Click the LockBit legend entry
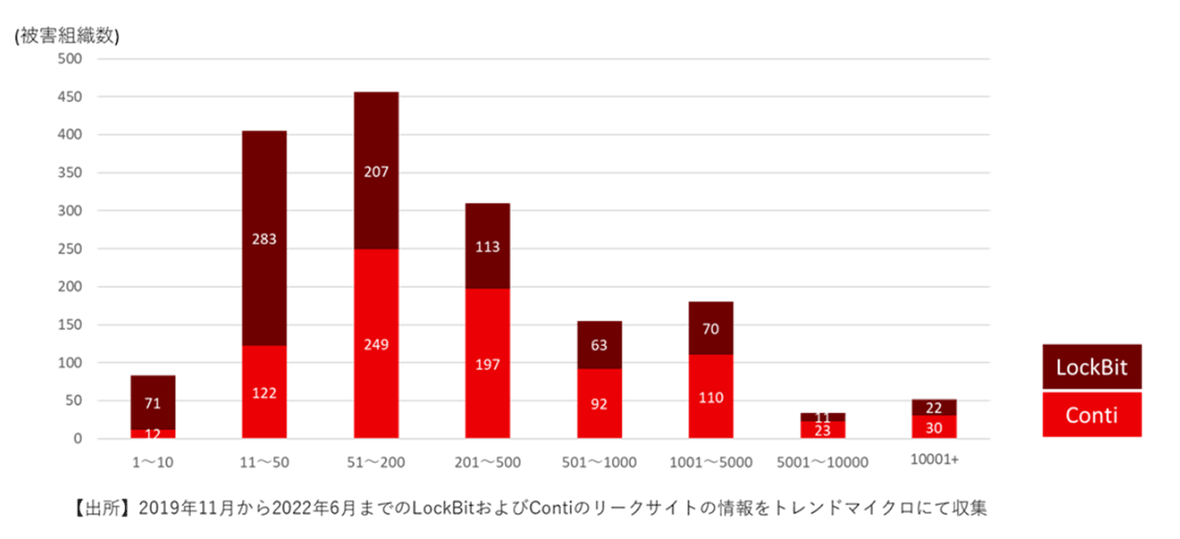(x=1091, y=367)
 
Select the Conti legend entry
(x=1091, y=415)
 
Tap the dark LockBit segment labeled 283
(x=264, y=238)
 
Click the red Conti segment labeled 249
(x=376, y=344)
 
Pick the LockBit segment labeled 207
(x=376, y=172)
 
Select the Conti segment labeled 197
(x=488, y=364)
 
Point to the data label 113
(x=488, y=247)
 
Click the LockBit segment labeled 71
(x=153, y=403)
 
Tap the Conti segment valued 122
(x=264, y=392)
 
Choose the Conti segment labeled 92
(x=599, y=404)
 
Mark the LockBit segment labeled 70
(x=711, y=328)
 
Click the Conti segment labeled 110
(x=711, y=397)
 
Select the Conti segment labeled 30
(x=934, y=427)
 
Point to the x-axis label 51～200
(x=376, y=460)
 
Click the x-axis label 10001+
(x=934, y=459)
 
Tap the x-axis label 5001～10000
(x=822, y=460)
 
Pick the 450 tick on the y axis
(x=70, y=96)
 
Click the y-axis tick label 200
(x=70, y=287)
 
